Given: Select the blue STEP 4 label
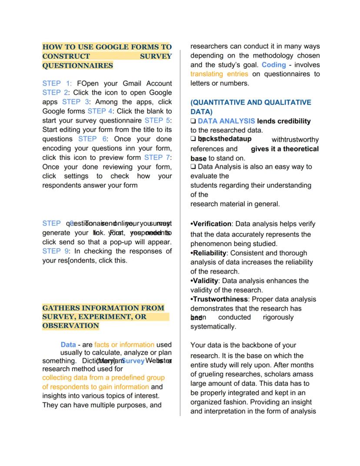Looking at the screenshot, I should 100,111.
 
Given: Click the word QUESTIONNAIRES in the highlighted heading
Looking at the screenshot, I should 77,66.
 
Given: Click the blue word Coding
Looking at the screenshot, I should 273,64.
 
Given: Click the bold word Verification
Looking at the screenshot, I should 212,224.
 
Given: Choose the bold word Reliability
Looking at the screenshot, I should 210,253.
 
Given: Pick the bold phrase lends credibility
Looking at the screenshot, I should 284,121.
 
